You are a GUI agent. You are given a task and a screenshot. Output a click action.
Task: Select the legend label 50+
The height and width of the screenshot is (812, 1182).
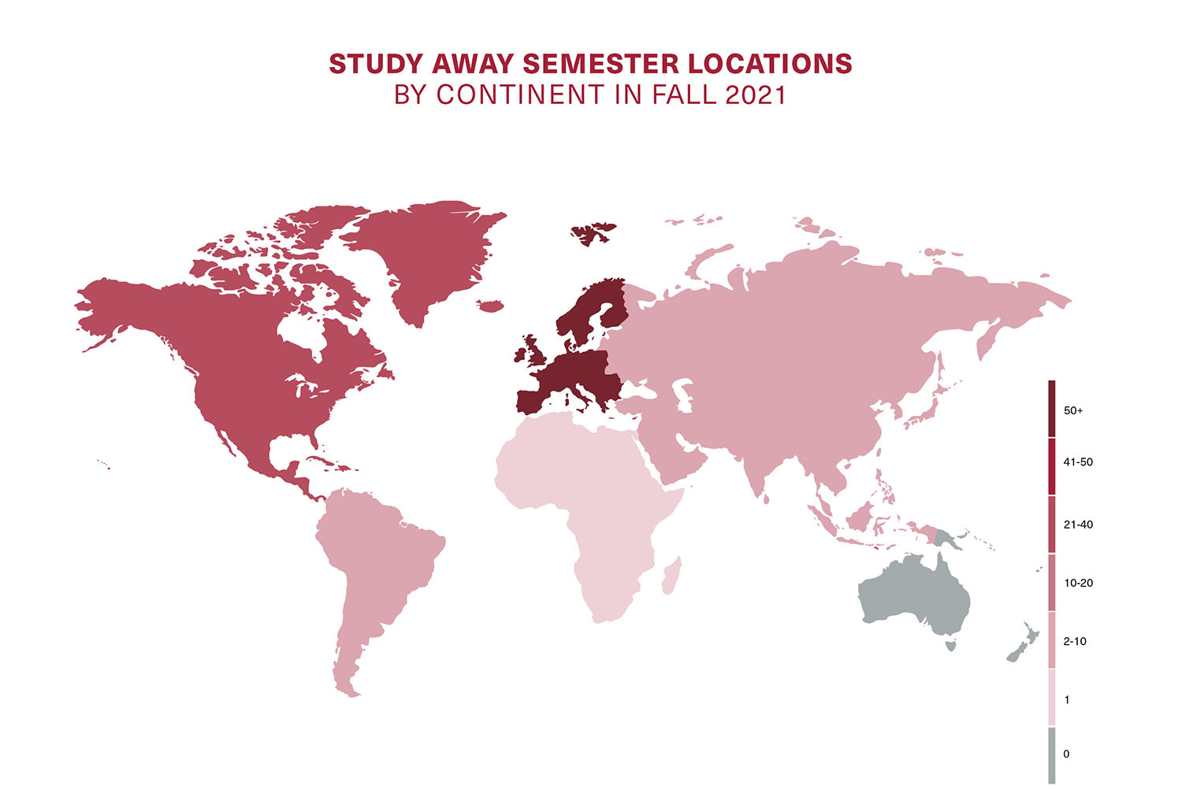pos(1072,410)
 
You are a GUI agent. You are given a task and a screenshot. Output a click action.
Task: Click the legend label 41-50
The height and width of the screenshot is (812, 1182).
pos(1077,462)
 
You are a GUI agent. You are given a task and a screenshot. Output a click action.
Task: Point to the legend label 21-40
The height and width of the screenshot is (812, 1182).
pos(1077,525)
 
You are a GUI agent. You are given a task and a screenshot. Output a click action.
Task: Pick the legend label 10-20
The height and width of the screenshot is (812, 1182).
pos(1077,584)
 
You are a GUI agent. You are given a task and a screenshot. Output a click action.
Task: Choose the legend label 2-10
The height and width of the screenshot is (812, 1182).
pos(1074,641)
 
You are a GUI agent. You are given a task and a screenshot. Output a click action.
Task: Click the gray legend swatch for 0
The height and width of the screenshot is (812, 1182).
pos(1051,755)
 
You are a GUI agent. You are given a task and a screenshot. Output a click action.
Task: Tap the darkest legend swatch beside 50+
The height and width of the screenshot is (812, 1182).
pos(1051,409)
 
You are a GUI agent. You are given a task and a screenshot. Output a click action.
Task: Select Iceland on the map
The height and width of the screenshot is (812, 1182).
pos(490,306)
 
